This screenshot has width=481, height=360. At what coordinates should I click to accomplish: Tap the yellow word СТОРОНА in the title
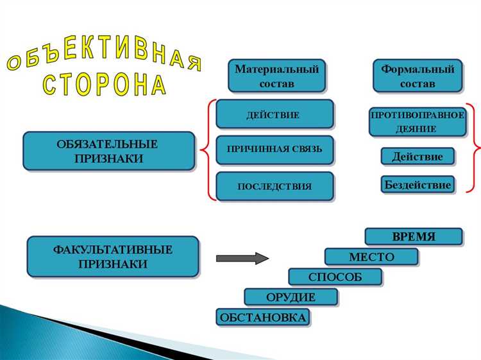105,84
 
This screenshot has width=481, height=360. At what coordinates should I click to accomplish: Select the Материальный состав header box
276,75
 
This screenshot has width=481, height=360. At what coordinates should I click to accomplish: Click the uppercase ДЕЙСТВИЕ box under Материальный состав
274,114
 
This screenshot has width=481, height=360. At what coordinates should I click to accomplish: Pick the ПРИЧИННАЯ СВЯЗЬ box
274,150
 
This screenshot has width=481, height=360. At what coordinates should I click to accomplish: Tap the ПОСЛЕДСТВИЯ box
274,187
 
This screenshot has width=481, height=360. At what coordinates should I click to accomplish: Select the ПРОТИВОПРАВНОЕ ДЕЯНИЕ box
417,121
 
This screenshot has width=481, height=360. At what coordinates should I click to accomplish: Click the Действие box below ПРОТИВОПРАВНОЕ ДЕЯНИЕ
417,157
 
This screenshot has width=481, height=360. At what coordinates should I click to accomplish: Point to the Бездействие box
417,185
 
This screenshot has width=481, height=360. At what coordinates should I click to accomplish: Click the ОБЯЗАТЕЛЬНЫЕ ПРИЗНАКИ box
108,151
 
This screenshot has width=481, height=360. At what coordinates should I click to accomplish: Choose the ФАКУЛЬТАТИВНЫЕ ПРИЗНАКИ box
112,256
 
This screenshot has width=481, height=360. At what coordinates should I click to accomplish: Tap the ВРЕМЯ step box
413,236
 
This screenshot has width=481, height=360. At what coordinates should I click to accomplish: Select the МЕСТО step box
371,257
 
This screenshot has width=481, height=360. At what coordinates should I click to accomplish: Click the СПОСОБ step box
335,277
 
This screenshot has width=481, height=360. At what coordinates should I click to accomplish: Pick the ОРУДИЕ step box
291,296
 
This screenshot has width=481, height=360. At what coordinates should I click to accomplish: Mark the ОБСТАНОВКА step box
263,317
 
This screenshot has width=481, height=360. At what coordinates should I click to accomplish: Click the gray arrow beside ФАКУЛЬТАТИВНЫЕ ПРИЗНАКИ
242,259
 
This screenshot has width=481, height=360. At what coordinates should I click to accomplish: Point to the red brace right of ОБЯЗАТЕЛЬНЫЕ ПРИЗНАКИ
205,151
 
